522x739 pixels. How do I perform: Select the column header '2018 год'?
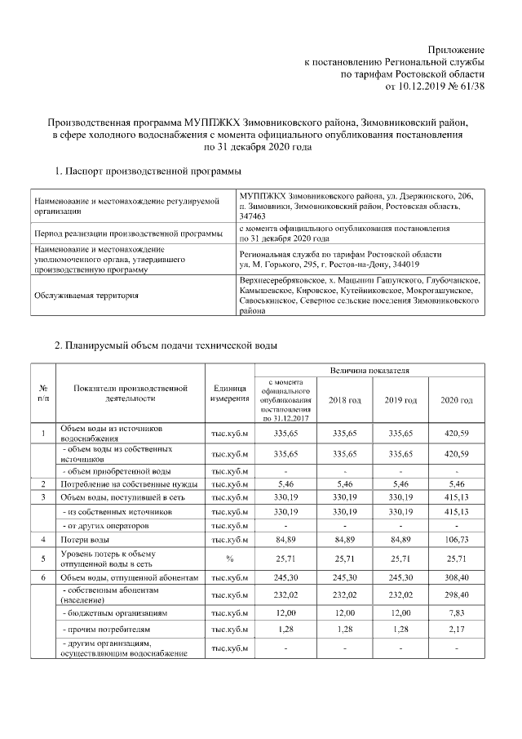pyautogui.click(x=344, y=400)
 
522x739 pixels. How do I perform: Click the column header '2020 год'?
pyautogui.click(x=456, y=400)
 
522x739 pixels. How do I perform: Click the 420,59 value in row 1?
pyautogui.click(x=456, y=432)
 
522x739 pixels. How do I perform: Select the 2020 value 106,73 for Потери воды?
pyautogui.click(x=456, y=539)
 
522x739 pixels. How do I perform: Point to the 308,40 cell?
pyautogui.click(x=456, y=577)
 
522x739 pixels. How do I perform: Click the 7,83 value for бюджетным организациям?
pyautogui.click(x=456, y=612)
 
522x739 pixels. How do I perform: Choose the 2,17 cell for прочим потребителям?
pyautogui.click(x=456, y=630)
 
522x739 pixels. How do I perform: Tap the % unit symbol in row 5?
pyautogui.click(x=229, y=559)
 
